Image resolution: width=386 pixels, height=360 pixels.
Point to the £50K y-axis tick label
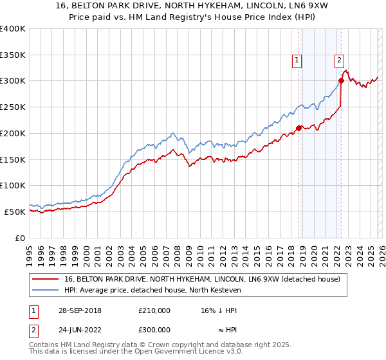[x=15, y=212]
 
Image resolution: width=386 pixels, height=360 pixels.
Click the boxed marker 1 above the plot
[x=297, y=60]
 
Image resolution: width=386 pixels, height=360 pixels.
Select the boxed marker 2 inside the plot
[x=339, y=60]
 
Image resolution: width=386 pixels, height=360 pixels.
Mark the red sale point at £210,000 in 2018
[x=299, y=128]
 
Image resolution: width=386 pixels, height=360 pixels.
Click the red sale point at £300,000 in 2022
[x=341, y=80]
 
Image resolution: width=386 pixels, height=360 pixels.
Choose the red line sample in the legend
[x=47, y=279]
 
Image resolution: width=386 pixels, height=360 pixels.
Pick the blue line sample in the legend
[x=47, y=290]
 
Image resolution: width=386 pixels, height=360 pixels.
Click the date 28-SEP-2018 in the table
[x=78, y=310]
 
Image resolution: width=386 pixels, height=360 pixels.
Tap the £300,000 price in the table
[x=155, y=329]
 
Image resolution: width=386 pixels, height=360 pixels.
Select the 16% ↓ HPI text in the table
[x=219, y=310]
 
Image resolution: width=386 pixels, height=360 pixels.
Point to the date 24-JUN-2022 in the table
[x=77, y=329]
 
